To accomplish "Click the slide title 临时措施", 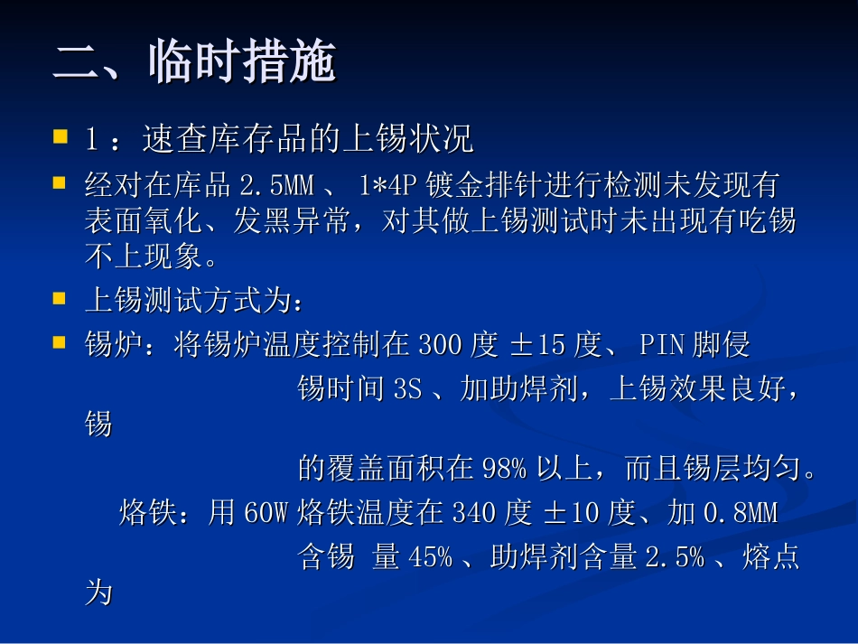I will click(194, 63).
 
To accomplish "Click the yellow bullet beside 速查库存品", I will click(61, 138).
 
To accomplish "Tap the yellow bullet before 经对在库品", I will click(61, 184).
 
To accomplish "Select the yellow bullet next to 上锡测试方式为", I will click(61, 298).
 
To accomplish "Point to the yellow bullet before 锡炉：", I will click(61, 343).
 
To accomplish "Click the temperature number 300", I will click(440, 345).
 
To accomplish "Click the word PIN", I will click(663, 345).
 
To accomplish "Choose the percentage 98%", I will click(504, 470).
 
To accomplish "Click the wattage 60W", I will click(266, 514).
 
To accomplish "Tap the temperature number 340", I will click(473, 514).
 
